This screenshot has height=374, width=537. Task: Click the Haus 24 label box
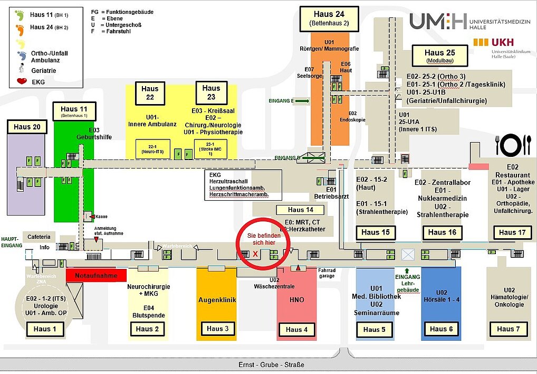click(x=329, y=19)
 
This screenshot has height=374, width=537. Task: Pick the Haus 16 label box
click(x=442, y=232)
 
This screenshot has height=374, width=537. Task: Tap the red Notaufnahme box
click(x=96, y=275)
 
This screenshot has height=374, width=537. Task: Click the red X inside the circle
click(x=256, y=254)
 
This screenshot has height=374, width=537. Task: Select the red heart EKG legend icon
click(x=22, y=82)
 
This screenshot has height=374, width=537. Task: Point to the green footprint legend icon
click(x=20, y=15)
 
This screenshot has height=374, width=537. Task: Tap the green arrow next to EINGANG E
click(x=302, y=100)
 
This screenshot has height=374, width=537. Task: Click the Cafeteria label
click(x=39, y=237)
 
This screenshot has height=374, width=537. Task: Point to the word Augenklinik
click(x=216, y=300)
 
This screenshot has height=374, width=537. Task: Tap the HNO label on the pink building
click(x=297, y=300)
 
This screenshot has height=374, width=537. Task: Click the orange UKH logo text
click(x=502, y=42)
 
